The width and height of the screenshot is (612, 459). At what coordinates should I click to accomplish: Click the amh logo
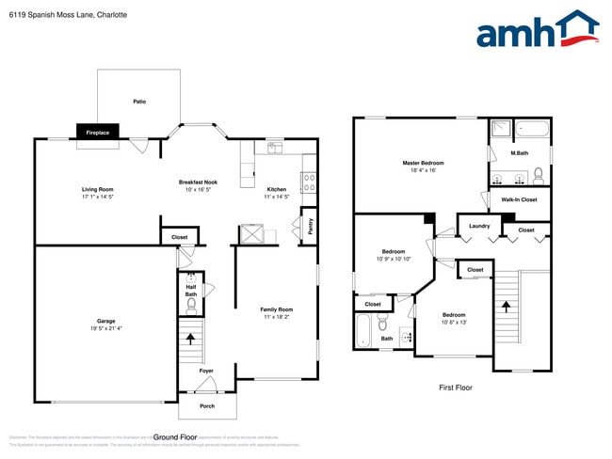537,30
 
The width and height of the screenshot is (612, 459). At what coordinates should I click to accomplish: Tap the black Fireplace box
98,133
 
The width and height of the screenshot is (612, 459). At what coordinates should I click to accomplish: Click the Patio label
139,102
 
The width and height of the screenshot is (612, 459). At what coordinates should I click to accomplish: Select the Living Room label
97,189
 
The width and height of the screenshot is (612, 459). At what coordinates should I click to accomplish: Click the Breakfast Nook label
199,182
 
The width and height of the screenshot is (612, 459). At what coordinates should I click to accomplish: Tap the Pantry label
310,226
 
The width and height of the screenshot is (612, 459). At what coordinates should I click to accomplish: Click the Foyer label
206,371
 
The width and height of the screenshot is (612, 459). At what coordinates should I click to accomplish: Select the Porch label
206,406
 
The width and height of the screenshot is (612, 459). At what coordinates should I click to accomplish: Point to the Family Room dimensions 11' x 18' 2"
277,317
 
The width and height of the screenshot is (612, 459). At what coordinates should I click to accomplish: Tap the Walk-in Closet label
519,199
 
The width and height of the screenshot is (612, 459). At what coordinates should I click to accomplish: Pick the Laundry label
478,226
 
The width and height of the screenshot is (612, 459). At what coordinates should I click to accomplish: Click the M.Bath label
519,153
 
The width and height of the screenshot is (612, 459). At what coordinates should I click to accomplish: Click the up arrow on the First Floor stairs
506,305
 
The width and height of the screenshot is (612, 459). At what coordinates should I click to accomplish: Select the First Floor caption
456,388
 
